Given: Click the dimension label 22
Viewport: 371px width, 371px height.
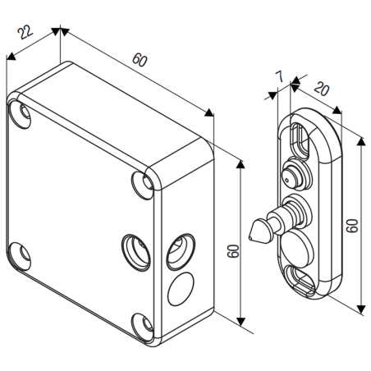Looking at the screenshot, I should [25, 35].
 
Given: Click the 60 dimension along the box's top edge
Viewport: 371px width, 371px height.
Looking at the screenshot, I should [142, 63].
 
